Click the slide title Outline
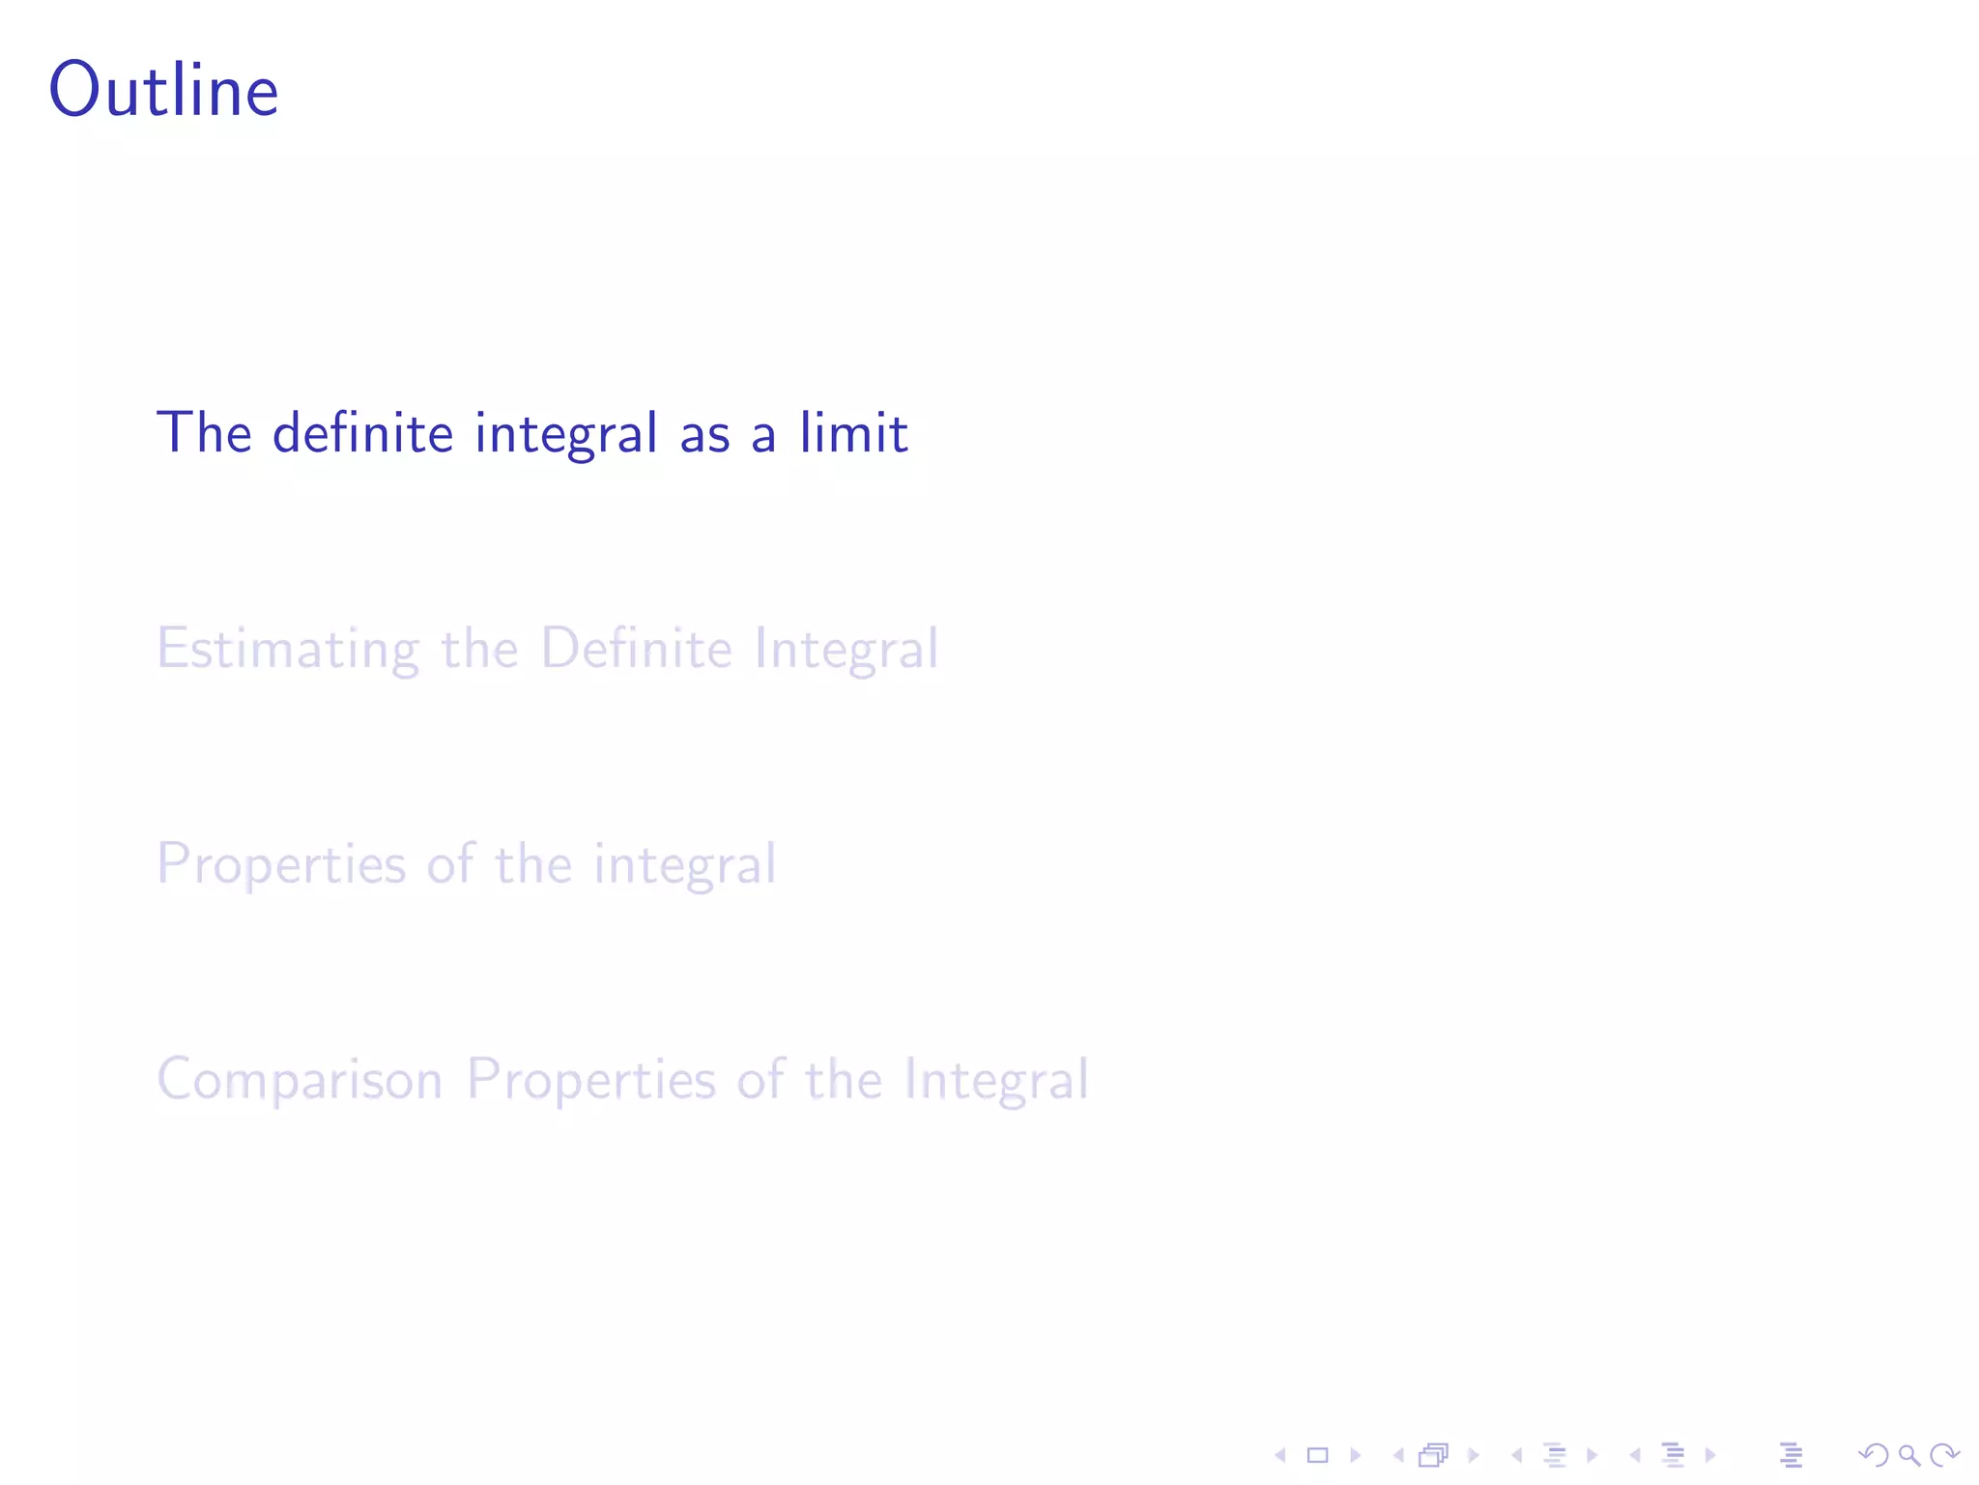click(164, 90)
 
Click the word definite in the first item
click(362, 432)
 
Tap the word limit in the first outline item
click(853, 432)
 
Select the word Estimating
click(288, 649)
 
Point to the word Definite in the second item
click(636, 648)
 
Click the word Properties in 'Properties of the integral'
click(281, 864)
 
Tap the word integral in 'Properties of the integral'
click(684, 864)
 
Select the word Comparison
click(300, 1080)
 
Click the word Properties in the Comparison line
click(590, 1080)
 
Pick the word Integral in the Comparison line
click(996, 1080)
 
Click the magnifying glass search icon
click(1908, 1455)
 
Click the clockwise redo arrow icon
click(1944, 1455)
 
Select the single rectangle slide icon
click(1317, 1455)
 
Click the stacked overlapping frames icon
click(1434, 1455)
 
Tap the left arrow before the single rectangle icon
click(1280, 1455)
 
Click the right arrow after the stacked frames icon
click(1474, 1455)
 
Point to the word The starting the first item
click(204, 432)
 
